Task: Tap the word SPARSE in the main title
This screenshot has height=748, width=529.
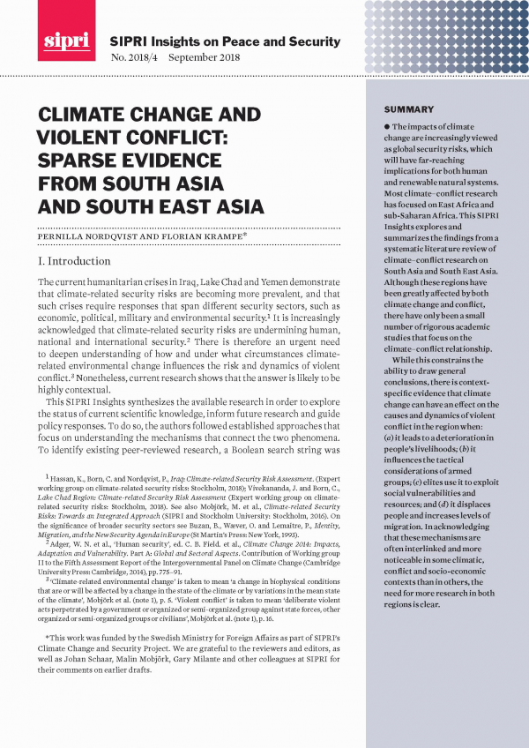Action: tap(77, 161)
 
